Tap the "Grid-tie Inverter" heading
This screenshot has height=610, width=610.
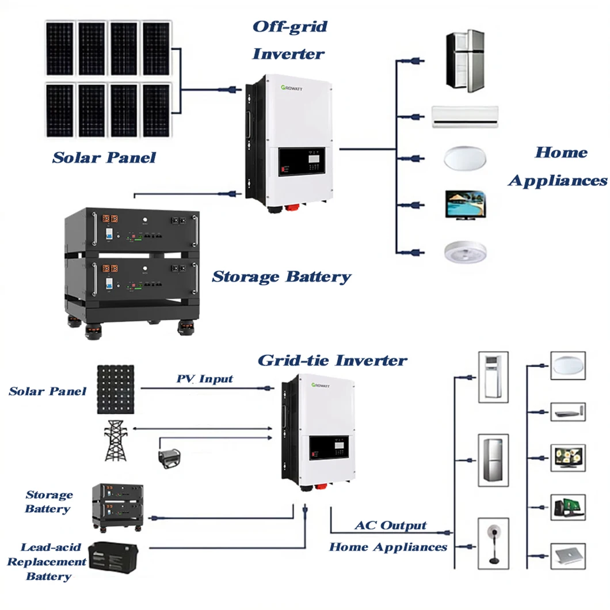[332, 361]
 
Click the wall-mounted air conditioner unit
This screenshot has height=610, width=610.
[465, 116]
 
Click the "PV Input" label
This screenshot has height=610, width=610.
[204, 379]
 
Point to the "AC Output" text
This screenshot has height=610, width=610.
[390, 525]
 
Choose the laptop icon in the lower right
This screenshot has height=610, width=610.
[567, 556]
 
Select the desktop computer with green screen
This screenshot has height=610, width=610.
[567, 507]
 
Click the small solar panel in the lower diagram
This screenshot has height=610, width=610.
[116, 389]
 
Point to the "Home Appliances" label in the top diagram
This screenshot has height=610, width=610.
[557, 167]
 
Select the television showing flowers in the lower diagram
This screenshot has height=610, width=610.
[567, 457]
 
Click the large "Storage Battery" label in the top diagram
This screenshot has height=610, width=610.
[281, 277]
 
